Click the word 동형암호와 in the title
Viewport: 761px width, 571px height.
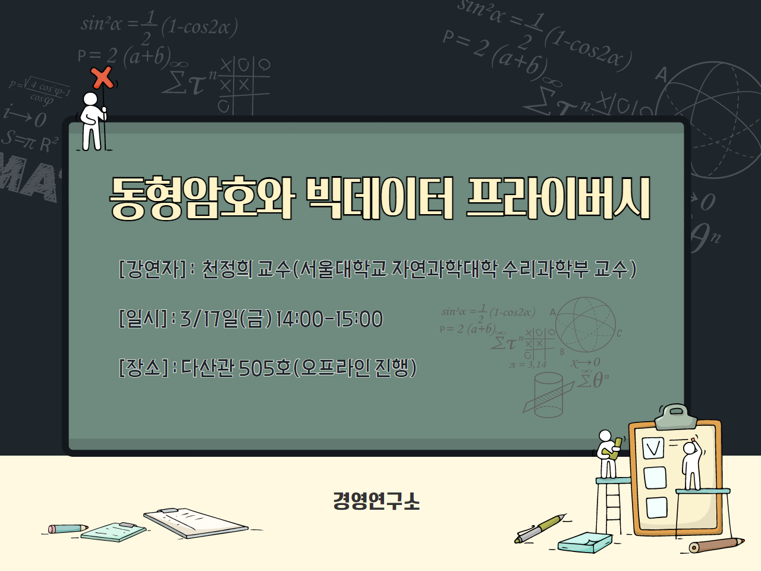(201, 198)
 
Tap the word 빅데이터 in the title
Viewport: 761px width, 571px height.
(379, 198)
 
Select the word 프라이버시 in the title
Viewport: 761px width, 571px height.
(557, 198)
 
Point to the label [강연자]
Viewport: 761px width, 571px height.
(153, 269)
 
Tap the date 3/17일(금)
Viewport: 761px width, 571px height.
(226, 319)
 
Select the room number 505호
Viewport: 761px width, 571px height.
(265, 368)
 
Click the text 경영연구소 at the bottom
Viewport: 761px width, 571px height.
(376, 501)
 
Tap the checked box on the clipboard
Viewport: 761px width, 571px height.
(653, 447)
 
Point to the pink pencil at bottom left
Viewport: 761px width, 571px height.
(67, 528)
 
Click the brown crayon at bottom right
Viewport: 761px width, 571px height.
(716, 544)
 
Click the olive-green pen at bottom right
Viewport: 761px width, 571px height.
(540, 528)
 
